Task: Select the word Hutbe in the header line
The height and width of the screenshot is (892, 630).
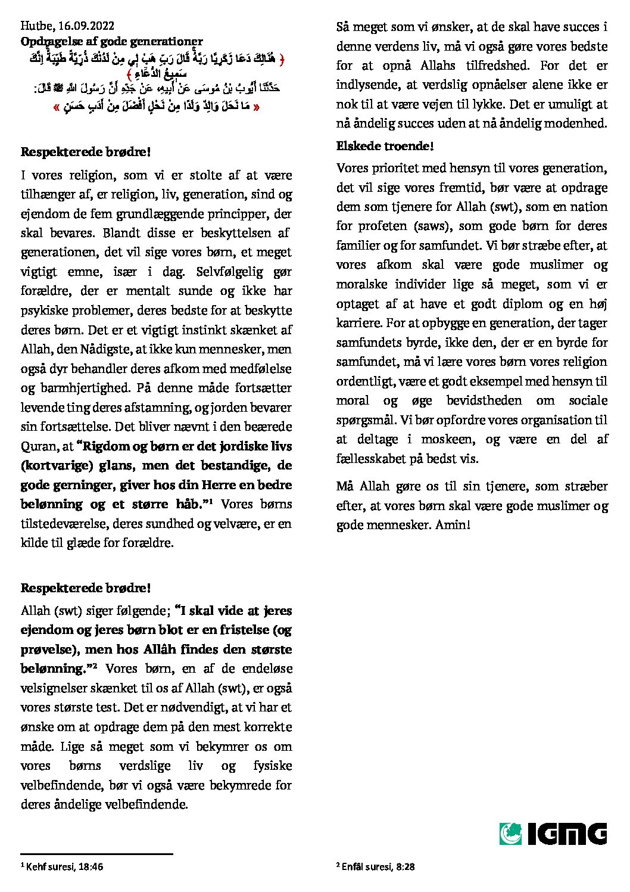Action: [37, 26]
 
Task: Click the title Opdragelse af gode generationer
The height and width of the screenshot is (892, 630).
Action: [111, 41]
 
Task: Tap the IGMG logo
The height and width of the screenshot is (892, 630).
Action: [553, 834]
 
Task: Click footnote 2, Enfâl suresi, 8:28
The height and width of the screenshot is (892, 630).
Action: [375, 866]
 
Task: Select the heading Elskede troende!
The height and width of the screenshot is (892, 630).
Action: [385, 146]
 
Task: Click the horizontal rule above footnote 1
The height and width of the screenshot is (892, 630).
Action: [96, 854]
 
